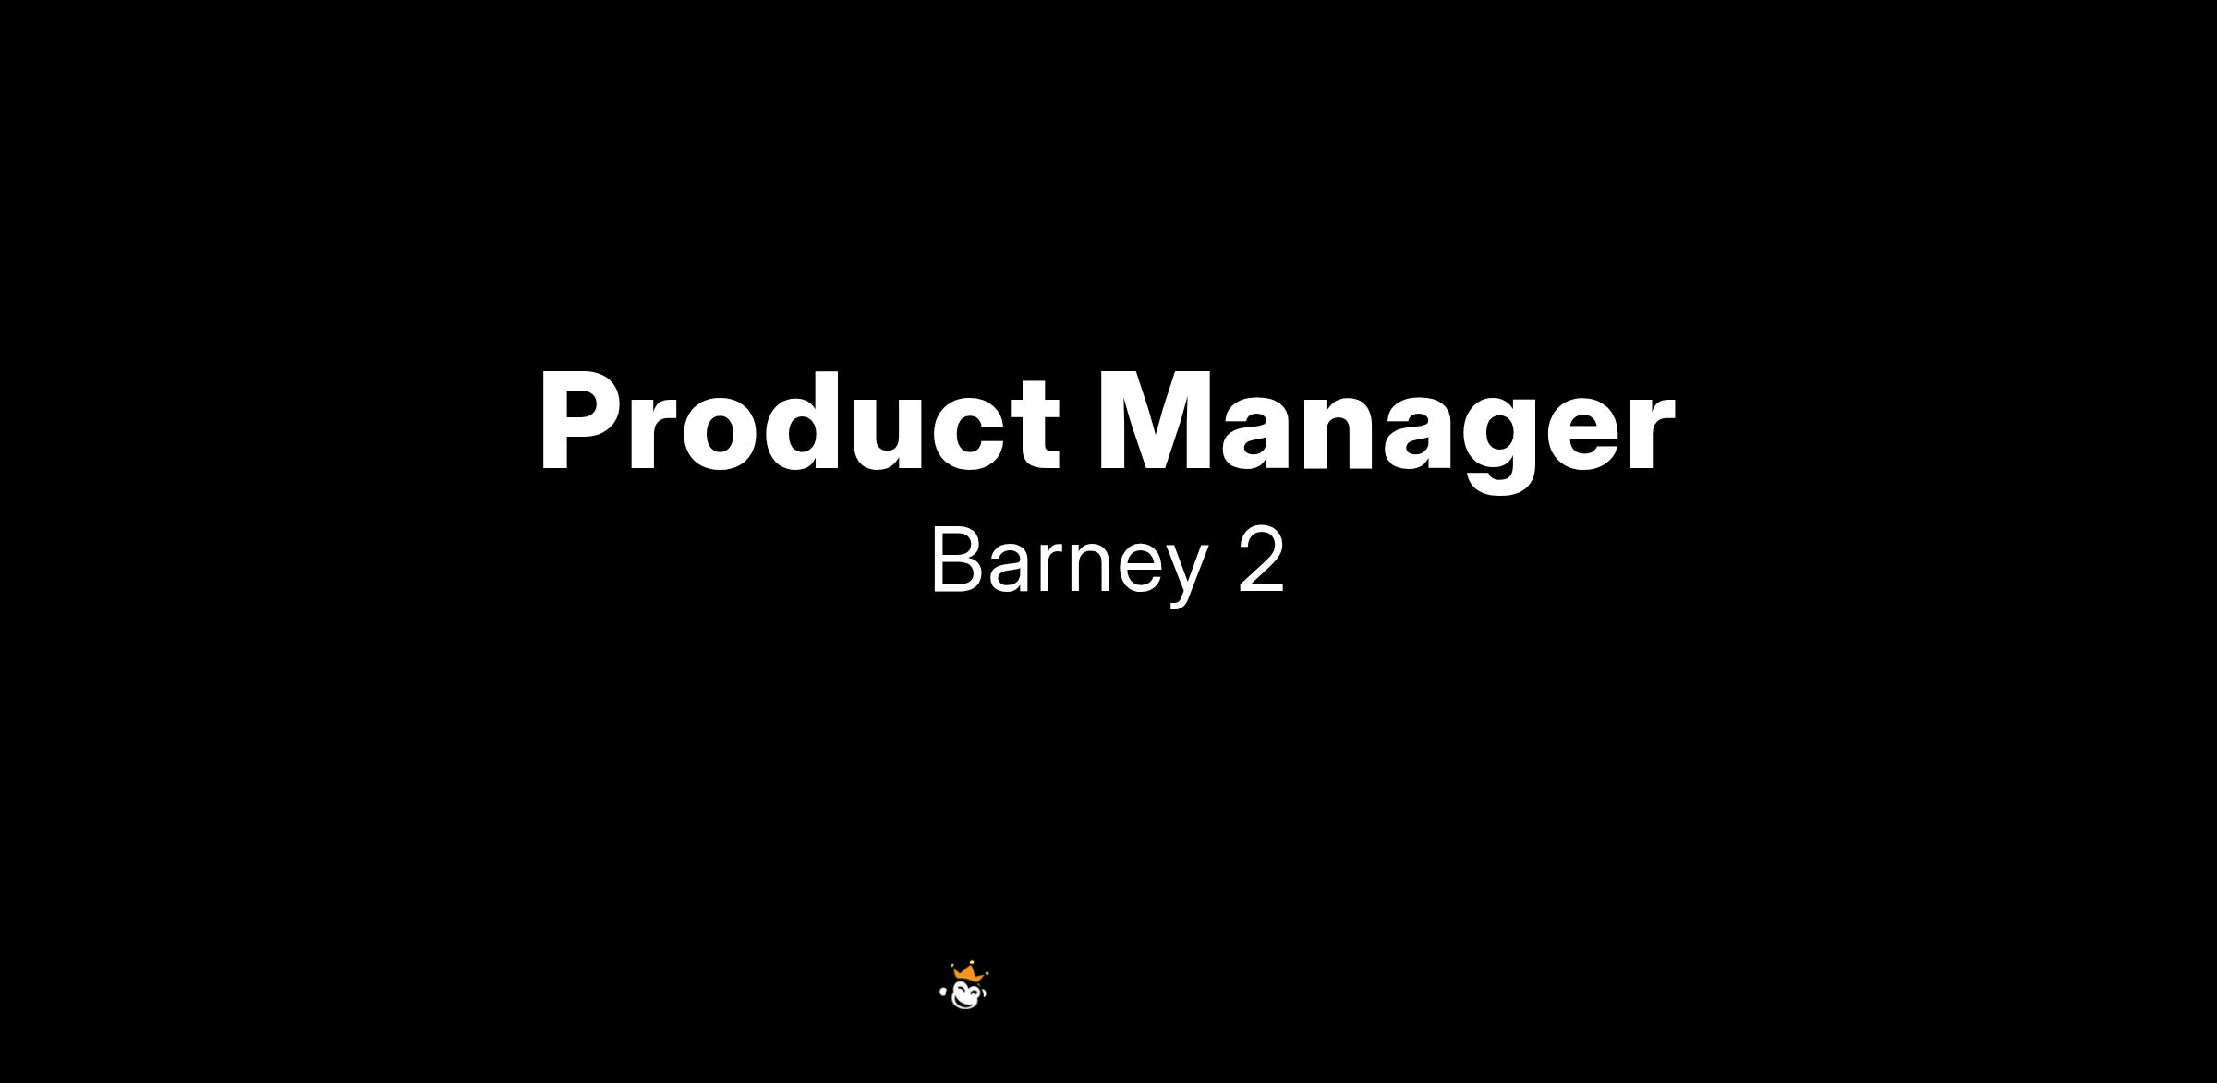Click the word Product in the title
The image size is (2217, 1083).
(x=800, y=422)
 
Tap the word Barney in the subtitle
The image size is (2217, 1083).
(x=1070, y=562)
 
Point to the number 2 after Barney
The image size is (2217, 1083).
(x=1261, y=560)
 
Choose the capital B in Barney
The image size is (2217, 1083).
(x=956, y=560)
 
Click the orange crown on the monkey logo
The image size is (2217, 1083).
(x=967, y=973)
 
